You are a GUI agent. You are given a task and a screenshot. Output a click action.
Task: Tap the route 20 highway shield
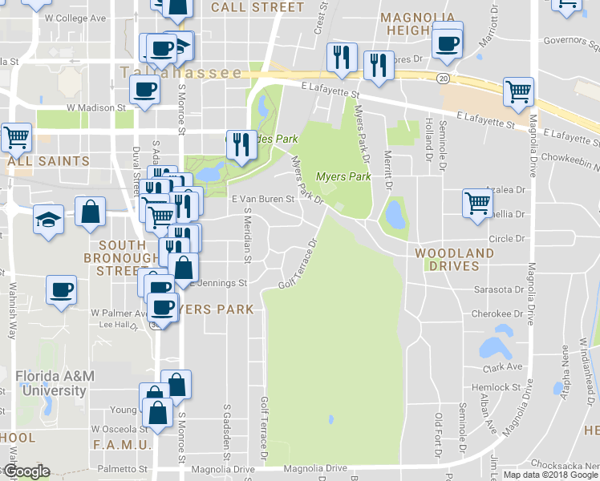(443, 79)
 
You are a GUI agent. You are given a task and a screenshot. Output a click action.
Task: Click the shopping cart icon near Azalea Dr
(477, 202)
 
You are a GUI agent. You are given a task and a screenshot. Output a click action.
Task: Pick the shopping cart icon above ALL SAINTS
(15, 136)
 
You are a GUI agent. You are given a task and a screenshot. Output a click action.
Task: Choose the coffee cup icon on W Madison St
(145, 91)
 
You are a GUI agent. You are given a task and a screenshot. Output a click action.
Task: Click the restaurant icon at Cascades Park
(238, 144)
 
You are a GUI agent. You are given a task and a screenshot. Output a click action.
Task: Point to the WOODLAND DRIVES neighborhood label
(454, 259)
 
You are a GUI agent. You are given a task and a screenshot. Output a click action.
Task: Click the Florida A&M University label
(51, 384)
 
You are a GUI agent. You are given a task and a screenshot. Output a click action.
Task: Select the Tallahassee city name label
(180, 73)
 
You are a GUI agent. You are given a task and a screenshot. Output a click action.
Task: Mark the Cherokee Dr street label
(502, 313)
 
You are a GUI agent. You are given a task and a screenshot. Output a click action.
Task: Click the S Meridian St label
(248, 235)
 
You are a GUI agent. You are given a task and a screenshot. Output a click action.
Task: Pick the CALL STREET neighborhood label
(257, 7)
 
